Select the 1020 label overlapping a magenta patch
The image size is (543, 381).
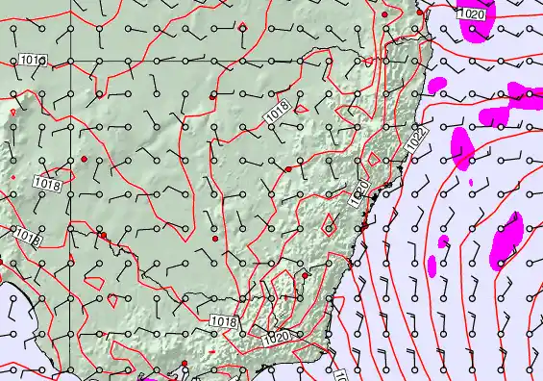[472, 15]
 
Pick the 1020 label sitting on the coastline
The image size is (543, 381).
[359, 193]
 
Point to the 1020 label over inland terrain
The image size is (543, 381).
[277, 336]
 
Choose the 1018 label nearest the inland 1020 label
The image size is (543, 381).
[223, 320]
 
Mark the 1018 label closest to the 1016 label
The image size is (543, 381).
[45, 182]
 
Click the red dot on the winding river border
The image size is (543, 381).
[103, 235]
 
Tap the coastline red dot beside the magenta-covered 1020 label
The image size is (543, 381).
[423, 13]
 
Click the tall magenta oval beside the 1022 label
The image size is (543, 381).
[463, 148]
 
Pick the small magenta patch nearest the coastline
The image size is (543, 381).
[432, 266]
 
